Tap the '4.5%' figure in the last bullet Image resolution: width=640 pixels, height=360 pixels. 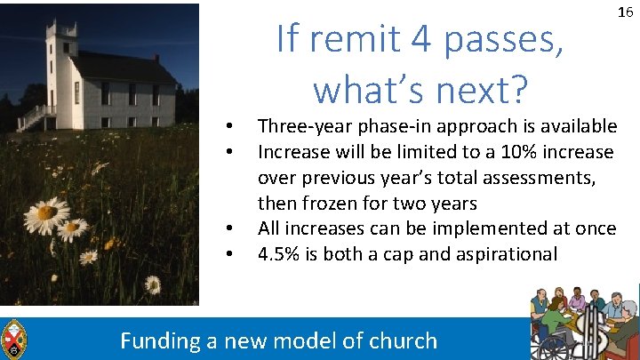pyautogui.click(x=278, y=254)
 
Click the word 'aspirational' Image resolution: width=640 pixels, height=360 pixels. pyautogui.click(x=508, y=254)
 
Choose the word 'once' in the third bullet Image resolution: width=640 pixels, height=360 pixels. pyautogui.click(x=596, y=228)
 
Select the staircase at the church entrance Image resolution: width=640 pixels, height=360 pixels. pyautogui.click(x=31, y=117)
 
